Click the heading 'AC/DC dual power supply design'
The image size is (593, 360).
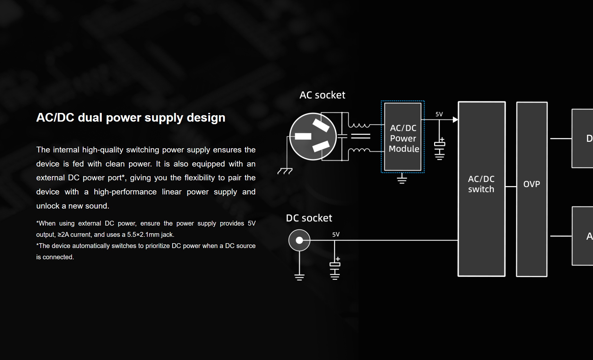(131, 117)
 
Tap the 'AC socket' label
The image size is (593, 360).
(322, 95)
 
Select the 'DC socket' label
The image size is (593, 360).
(309, 218)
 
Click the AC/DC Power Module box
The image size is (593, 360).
(403, 137)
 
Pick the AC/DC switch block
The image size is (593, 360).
(481, 189)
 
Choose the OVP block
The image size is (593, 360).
(531, 189)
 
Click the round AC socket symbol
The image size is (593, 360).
(313, 136)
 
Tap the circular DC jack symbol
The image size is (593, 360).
(299, 240)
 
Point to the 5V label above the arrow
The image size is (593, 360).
(439, 114)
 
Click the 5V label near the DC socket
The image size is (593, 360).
(336, 235)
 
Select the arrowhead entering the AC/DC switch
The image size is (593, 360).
(455, 120)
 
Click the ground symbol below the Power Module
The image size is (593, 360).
(402, 179)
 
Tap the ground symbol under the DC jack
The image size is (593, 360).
(299, 277)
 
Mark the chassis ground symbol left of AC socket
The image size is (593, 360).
(285, 171)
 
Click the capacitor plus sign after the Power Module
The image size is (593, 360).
(442, 140)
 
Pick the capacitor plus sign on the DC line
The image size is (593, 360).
(338, 259)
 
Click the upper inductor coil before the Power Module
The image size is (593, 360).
(359, 125)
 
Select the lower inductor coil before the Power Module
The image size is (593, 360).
(359, 150)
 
